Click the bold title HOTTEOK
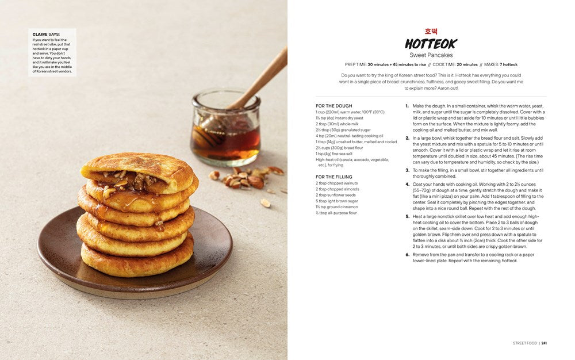[431, 44]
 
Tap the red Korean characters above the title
[431, 31]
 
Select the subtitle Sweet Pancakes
[431, 55]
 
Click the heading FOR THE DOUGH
[334, 106]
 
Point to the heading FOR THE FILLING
[334, 177]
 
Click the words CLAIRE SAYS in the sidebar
[46, 35]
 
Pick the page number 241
[544, 343]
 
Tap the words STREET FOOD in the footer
[524, 343]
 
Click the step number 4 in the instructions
[407, 185]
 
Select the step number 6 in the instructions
[407, 255]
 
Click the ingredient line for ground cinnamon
[337, 207]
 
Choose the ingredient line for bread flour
[339, 148]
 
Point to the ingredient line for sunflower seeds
[336, 195]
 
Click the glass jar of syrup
[225, 129]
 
